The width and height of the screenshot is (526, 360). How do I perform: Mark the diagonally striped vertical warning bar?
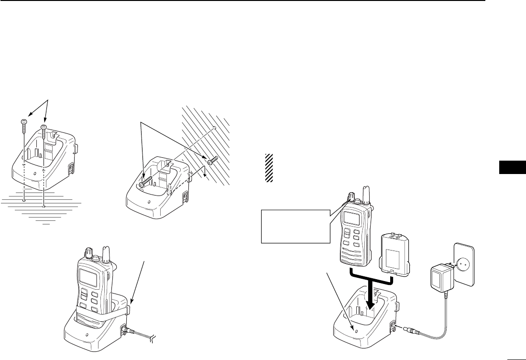(x=269, y=168)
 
